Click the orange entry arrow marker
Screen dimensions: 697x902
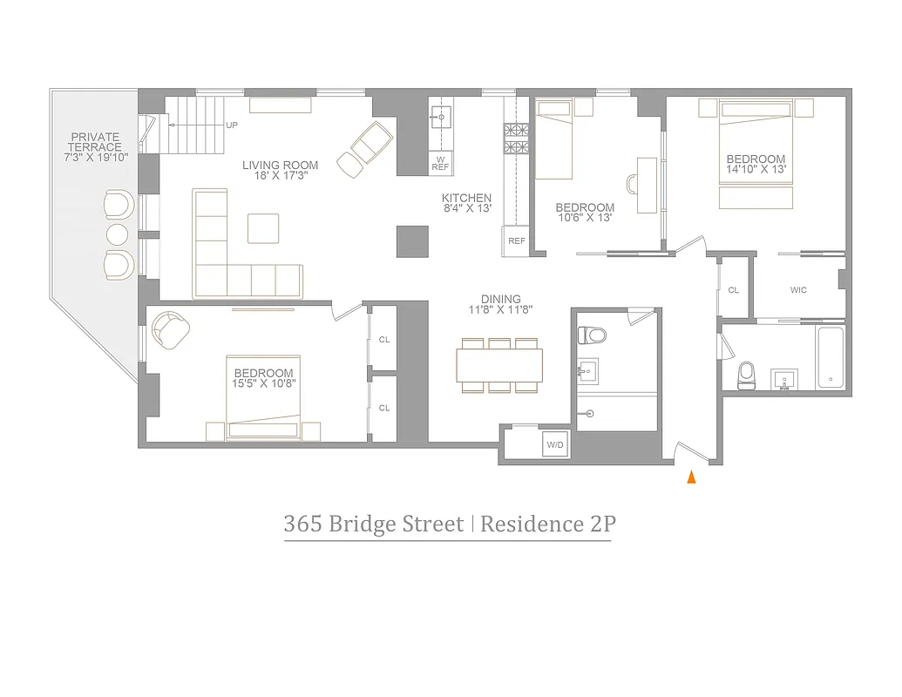click(692, 477)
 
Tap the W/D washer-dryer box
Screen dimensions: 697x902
click(554, 443)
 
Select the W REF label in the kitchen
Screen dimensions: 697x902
click(441, 162)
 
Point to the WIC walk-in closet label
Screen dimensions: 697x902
click(798, 290)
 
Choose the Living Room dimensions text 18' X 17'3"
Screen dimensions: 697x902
click(280, 176)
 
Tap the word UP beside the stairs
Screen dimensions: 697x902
click(232, 125)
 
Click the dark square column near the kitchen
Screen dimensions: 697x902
click(413, 240)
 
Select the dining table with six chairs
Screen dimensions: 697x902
click(498, 364)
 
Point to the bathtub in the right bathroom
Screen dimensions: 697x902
click(831, 357)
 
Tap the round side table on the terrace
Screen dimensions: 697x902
click(117, 234)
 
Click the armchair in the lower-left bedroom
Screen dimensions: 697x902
click(170, 330)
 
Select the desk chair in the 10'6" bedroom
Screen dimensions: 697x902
click(634, 184)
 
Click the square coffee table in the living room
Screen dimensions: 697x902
click(263, 228)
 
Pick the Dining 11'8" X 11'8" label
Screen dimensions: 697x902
click(500, 304)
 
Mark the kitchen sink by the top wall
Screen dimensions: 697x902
click(441, 116)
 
